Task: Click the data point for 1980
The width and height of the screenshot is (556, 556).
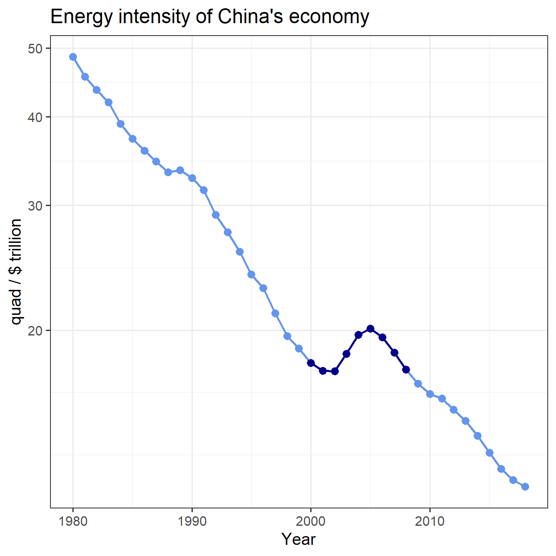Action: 73,57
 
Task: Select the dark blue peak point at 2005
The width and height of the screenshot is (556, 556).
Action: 370,328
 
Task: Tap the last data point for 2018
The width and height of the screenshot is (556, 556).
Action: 525,486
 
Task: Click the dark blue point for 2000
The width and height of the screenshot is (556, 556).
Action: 311,363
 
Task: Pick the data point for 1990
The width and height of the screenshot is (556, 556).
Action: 192,178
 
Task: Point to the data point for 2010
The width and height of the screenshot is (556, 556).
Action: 430,394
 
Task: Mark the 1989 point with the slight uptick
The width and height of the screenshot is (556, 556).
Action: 180,170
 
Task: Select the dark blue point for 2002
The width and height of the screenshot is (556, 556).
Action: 335,371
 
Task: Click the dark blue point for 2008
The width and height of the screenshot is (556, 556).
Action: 406,369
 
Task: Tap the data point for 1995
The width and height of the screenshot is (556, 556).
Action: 251,274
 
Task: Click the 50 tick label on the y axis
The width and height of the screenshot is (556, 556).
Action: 35,48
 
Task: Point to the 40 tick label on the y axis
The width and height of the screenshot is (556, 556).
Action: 35,117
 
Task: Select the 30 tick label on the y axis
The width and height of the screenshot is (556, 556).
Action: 35,206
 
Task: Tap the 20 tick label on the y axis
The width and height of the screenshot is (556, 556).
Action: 35,331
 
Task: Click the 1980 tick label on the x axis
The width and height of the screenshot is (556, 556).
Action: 73,521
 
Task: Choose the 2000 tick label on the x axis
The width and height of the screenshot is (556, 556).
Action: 311,521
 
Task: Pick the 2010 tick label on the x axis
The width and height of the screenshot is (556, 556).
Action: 430,521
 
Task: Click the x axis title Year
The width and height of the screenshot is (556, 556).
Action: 298,539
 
